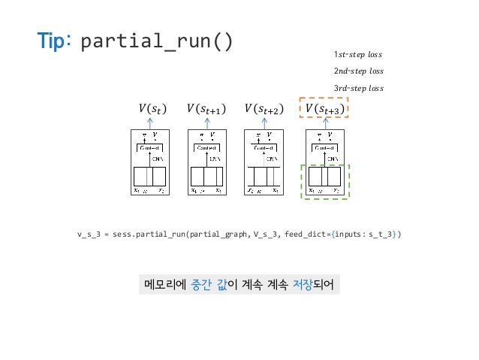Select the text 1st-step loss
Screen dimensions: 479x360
358,55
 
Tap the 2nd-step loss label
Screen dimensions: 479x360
358,71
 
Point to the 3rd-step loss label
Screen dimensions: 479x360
358,88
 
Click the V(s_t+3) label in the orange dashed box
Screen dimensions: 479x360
325,110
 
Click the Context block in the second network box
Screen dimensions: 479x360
206,148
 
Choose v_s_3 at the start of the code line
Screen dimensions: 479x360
89,234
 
